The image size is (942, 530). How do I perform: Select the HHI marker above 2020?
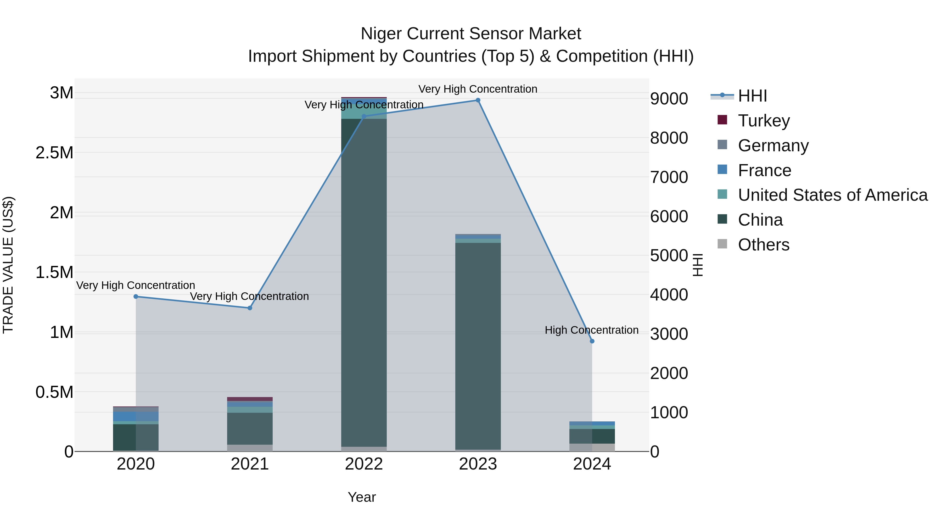coord(136,296)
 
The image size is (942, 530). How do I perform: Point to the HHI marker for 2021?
coord(250,308)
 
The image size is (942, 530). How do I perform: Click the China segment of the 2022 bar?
coord(364,282)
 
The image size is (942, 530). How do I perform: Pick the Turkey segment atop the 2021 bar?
coord(250,399)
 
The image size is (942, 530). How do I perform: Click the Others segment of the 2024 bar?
coord(592,447)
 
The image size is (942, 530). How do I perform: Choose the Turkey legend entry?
coord(764,121)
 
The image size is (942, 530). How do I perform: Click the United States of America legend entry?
coord(832,195)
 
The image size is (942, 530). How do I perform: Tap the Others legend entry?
coord(763,245)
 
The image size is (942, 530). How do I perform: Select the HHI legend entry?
coord(752,96)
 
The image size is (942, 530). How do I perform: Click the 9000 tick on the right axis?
coord(669,99)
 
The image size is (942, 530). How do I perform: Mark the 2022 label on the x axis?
coord(364,464)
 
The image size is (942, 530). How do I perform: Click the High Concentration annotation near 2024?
coord(591,330)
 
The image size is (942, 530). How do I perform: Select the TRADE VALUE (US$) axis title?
coord(8,265)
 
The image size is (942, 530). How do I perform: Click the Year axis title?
coord(362,497)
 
